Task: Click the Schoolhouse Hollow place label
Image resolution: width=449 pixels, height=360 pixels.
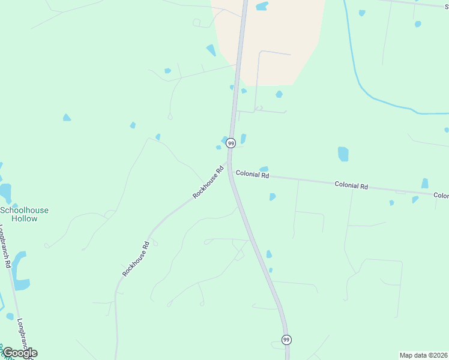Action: [24, 214]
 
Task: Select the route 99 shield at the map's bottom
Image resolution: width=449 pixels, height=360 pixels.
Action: [286, 340]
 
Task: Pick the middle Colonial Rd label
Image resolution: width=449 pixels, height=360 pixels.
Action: [351, 186]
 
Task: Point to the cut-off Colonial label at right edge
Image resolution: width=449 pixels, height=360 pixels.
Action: [441, 196]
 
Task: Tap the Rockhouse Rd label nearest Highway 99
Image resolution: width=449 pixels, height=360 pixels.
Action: [208, 183]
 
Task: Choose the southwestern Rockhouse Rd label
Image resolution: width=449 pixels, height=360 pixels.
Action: [136, 259]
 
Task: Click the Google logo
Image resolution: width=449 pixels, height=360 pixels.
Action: [20, 353]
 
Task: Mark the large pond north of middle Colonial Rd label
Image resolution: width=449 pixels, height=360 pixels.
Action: [343, 154]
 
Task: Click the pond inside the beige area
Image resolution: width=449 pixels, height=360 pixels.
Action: [262, 7]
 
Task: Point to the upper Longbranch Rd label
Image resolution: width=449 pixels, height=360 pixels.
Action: [6, 246]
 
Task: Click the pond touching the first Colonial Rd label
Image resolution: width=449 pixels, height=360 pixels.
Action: [264, 169]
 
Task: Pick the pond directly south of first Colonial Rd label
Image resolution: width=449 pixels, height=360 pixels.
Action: [273, 196]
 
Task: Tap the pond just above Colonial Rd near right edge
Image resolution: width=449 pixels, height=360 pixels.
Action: [425, 183]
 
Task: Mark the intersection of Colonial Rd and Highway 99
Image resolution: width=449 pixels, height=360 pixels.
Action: [231, 172]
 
